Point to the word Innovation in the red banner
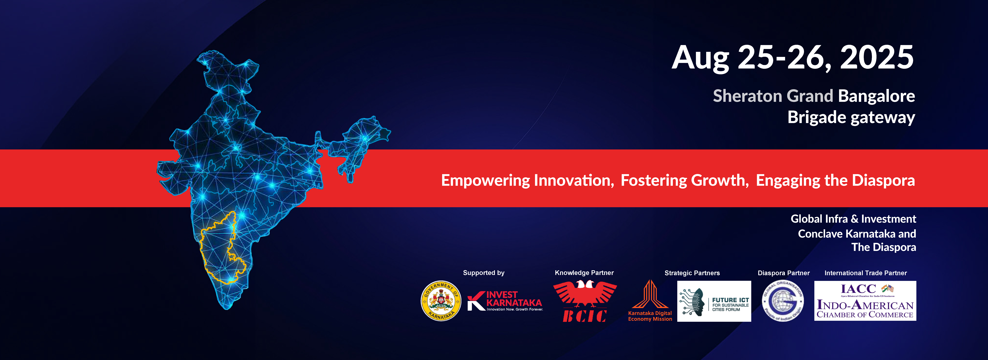coord(574,180)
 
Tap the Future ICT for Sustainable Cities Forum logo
coord(714,301)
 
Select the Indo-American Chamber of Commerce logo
coord(865,301)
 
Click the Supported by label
coord(484,273)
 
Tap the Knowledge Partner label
coord(584,273)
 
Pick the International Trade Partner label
coord(866,273)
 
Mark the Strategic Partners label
coord(692,273)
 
